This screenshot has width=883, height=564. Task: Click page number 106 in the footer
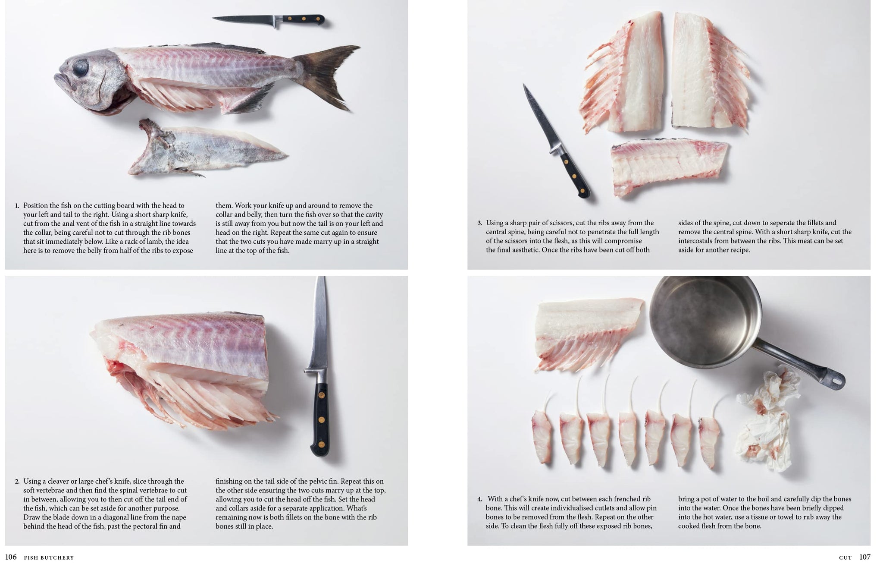[11, 557]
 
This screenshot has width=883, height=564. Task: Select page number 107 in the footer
[865, 557]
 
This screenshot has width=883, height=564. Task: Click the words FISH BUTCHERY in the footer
[49, 558]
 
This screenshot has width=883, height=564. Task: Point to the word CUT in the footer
[845, 558]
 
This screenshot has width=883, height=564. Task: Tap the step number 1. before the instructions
[17, 206]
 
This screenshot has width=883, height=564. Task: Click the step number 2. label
[17, 482]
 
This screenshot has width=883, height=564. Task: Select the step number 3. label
[480, 223]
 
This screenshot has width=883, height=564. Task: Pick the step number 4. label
[480, 499]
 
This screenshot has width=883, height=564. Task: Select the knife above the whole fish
[268, 20]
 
